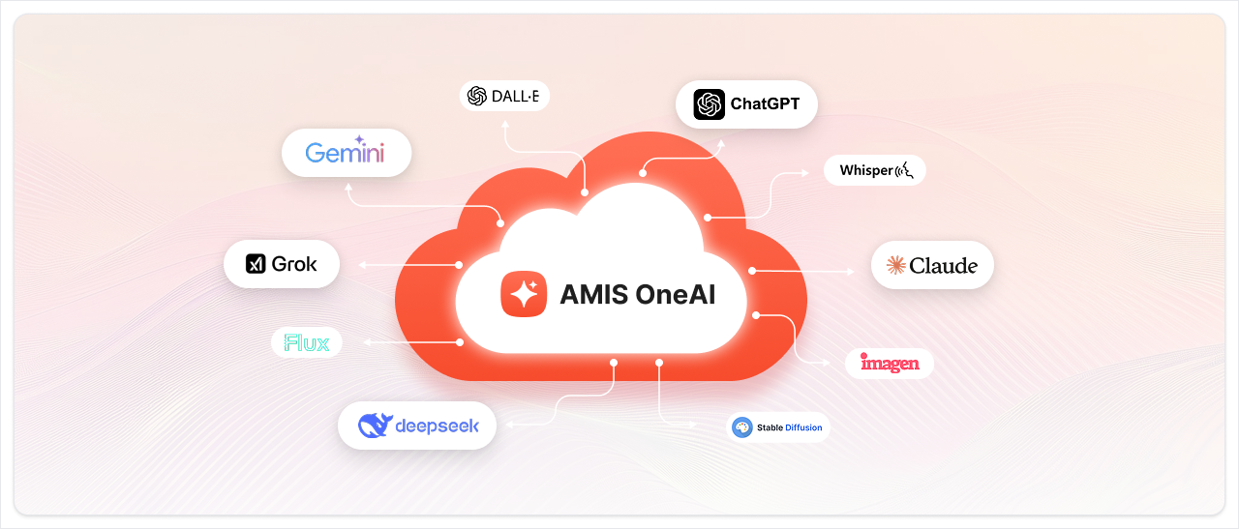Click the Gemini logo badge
[346, 153]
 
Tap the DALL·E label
[503, 96]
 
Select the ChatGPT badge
[746, 103]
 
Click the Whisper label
[875, 171]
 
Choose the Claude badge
[932, 265]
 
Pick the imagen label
[890, 364]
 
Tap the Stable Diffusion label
[779, 427]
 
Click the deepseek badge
[417, 426]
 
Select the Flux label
[307, 342]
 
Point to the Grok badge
[282, 264]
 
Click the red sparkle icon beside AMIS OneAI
[524, 294]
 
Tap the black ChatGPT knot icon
[710, 104]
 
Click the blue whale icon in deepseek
[374, 426]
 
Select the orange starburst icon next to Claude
[896, 265]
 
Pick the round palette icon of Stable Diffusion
[742, 427]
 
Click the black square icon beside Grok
[256, 264]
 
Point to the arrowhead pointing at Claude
[851, 273]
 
